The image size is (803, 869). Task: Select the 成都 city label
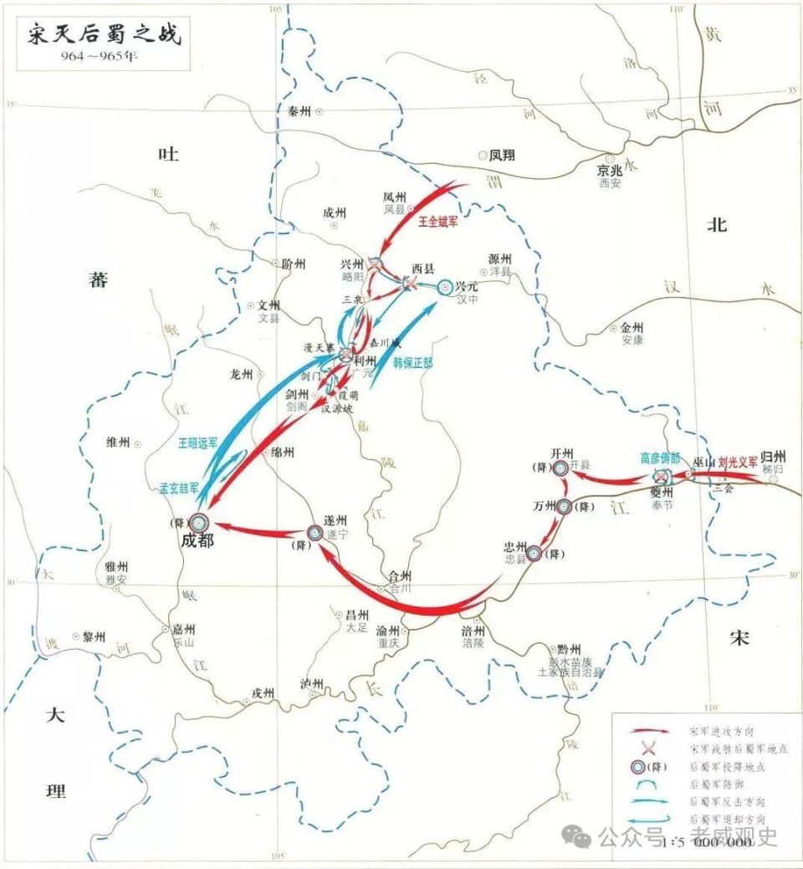coord(197,541)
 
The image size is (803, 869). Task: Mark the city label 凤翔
coord(502,155)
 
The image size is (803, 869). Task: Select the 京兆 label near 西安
coord(611,170)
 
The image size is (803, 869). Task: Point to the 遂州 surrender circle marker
coord(315,532)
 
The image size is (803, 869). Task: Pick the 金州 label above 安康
coord(632,329)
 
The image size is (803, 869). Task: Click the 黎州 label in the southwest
coord(93,636)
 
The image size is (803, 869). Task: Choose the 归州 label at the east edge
coord(774,457)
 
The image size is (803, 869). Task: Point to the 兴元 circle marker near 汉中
coord(445,286)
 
